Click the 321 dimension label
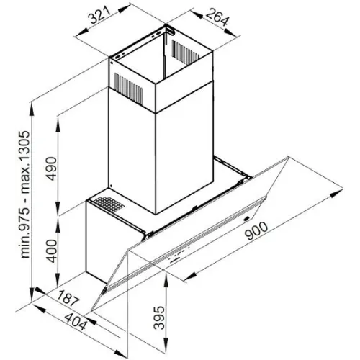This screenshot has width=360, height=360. point(99,15)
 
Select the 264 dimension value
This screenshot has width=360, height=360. point(217,17)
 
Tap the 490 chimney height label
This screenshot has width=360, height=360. point(52,168)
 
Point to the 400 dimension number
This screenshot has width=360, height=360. point(52,251)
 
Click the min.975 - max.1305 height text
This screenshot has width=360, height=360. point(25,194)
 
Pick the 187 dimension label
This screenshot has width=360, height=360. point(68,298)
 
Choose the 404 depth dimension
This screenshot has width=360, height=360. point(76,322)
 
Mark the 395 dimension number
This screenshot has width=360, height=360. point(159,318)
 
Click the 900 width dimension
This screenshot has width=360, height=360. point(257,231)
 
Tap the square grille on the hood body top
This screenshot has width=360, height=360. point(109,204)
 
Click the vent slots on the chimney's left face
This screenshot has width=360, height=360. point(128,89)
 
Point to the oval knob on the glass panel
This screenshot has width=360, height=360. point(246,219)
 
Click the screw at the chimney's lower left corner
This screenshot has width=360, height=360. point(111,186)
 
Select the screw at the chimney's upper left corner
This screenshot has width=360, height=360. point(112,63)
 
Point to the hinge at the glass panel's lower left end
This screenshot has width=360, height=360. point(104,291)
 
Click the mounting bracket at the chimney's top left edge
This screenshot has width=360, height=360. point(138,42)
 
